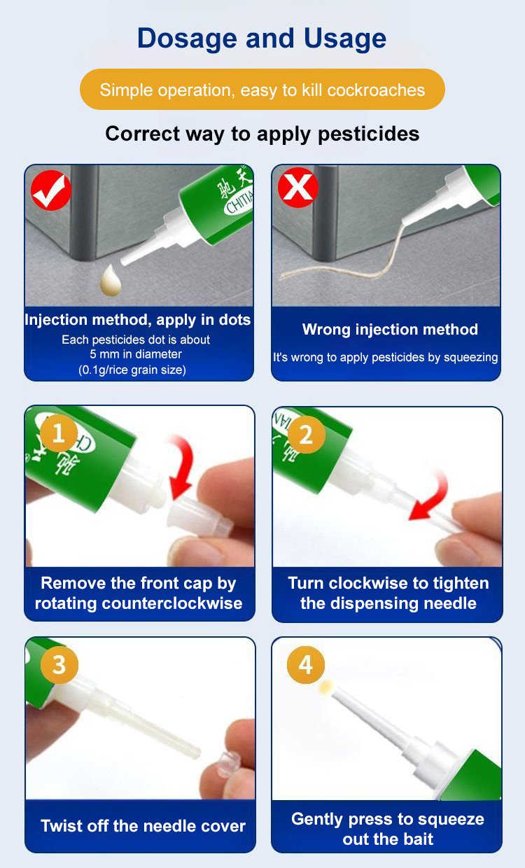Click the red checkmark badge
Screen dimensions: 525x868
(x=51, y=190)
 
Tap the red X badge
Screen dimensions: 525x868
(x=297, y=187)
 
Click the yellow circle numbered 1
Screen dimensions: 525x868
(x=59, y=433)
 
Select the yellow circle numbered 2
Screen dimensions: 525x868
(x=306, y=435)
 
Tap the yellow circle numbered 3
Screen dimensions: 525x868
(x=59, y=665)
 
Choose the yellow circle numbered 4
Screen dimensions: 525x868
(x=306, y=664)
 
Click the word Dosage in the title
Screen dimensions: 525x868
(x=187, y=39)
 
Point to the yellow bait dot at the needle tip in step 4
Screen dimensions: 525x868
(x=325, y=687)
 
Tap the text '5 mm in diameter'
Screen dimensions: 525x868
(x=136, y=354)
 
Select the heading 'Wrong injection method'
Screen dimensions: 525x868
(x=390, y=330)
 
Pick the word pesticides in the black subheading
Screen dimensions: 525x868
(x=368, y=134)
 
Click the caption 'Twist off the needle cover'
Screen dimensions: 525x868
(x=143, y=826)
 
